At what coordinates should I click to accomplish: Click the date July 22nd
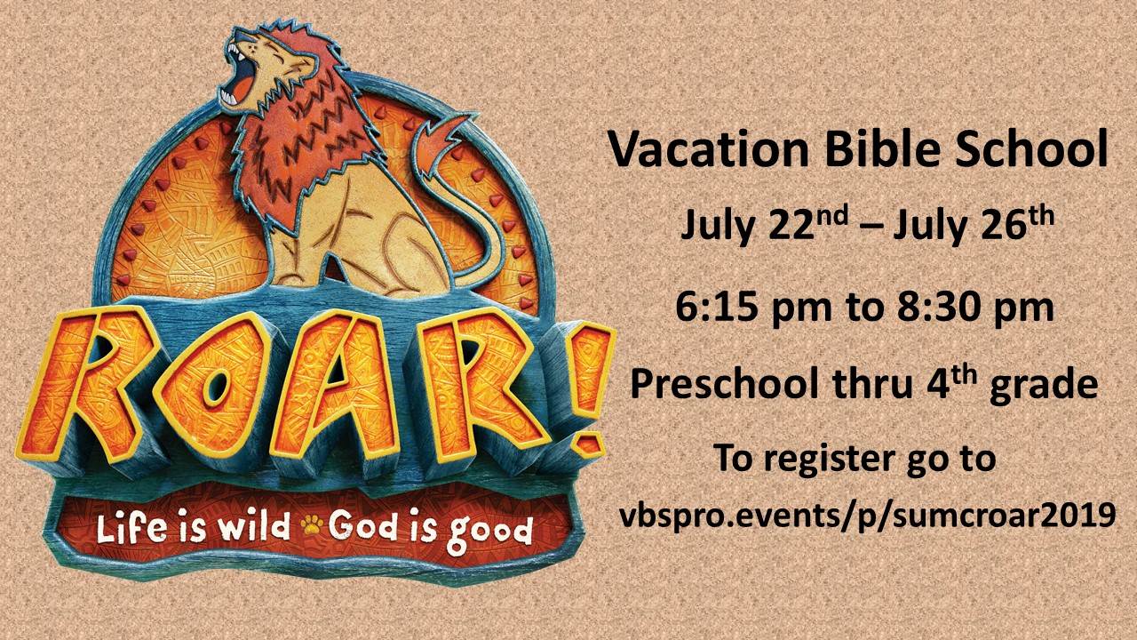pyautogui.click(x=765, y=225)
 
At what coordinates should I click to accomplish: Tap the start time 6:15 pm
pyautogui.click(x=754, y=308)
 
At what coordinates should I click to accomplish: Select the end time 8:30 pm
pyautogui.click(x=975, y=308)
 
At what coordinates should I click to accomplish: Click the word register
pyautogui.click(x=829, y=459)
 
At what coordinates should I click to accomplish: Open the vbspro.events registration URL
pyautogui.click(x=868, y=516)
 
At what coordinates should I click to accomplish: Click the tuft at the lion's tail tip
pyautogui.click(x=441, y=136)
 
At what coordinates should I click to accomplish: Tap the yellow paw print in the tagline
pyautogui.click(x=312, y=526)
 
